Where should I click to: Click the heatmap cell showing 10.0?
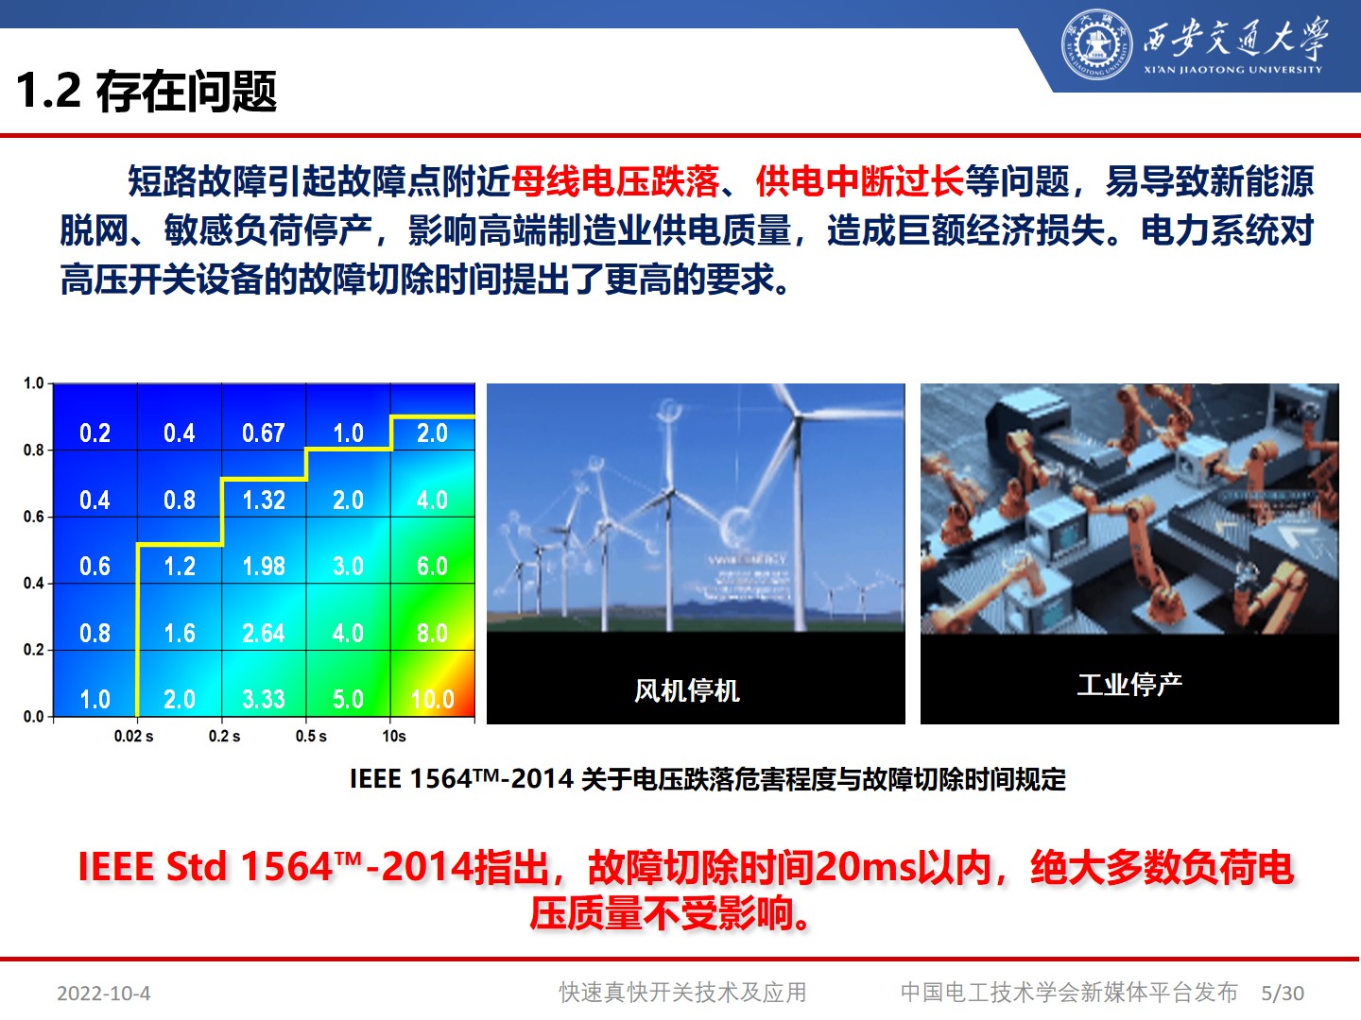(x=433, y=700)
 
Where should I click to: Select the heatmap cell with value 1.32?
(x=264, y=500)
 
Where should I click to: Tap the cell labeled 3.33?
(x=264, y=700)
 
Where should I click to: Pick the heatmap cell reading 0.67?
(x=264, y=433)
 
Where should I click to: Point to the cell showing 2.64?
(x=264, y=634)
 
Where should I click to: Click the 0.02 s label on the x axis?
(x=133, y=737)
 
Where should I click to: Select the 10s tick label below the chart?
(x=394, y=737)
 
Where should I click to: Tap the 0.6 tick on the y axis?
(x=34, y=517)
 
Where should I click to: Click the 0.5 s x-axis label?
(x=311, y=737)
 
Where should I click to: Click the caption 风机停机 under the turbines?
(x=687, y=690)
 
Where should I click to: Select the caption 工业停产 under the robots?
(x=1129, y=684)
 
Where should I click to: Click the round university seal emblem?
(x=1096, y=43)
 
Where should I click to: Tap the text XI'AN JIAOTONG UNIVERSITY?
(x=1232, y=70)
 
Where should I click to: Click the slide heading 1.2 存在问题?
(x=146, y=92)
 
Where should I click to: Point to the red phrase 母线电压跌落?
(x=615, y=181)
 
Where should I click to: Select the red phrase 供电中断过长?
(x=859, y=181)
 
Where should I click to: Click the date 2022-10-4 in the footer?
(x=104, y=994)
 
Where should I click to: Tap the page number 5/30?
(x=1283, y=994)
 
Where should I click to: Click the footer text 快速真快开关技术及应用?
(x=682, y=993)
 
